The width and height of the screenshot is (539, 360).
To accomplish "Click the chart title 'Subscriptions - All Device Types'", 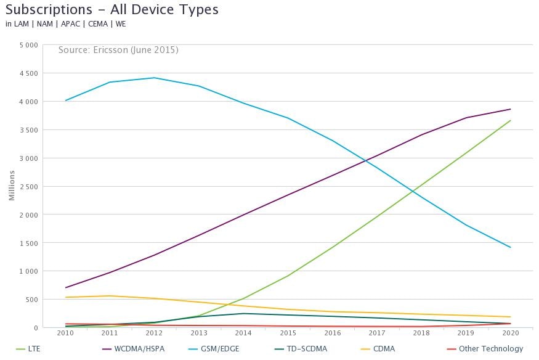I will (x=112, y=9).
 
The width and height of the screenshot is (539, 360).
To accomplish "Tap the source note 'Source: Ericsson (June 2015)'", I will (x=118, y=50).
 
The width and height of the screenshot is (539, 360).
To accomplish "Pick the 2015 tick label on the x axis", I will (x=288, y=333).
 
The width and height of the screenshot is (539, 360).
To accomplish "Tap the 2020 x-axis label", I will (x=511, y=333).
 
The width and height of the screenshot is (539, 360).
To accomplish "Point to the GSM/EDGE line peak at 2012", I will (x=154, y=78).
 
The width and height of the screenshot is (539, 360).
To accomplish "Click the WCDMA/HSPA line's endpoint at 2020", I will (x=511, y=109).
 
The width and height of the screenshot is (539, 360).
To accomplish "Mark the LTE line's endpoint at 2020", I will (x=511, y=120).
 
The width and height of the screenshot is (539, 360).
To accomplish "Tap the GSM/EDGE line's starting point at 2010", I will (x=65, y=100).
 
